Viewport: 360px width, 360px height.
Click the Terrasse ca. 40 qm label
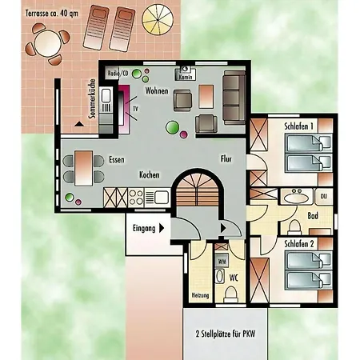pos(52,14)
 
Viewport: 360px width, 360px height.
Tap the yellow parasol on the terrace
pos(158,20)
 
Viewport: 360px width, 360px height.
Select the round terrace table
pos(48,43)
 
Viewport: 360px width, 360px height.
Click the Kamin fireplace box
pos(186,74)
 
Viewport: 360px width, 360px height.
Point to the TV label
pos(135,109)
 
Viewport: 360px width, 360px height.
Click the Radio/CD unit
pos(118,73)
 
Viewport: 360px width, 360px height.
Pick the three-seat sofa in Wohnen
pos(234,98)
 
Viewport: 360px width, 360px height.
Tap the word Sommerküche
pos(92,98)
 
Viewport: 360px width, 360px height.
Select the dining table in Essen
pos(84,168)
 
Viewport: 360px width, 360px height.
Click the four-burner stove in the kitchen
pos(136,198)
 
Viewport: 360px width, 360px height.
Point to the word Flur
pos(226,159)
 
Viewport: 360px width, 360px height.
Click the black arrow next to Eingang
pos(162,228)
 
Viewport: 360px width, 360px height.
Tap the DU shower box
pos(324,196)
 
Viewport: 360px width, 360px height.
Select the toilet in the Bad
pos(294,227)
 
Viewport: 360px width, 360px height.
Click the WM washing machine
pos(222,261)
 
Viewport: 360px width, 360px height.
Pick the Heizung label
pos(200,295)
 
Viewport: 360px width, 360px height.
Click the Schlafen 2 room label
pos(299,244)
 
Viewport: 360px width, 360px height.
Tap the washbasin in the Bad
pos(296,198)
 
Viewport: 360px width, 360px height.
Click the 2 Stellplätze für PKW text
pos(226,334)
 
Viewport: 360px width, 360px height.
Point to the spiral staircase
pos(198,190)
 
